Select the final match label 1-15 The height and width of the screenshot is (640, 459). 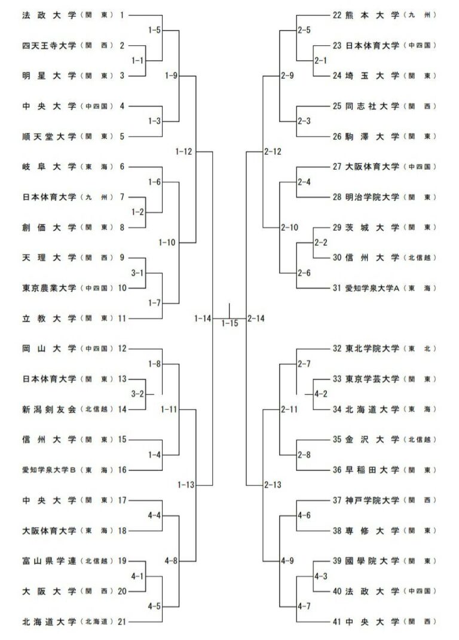click(229, 323)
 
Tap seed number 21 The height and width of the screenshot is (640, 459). click(122, 622)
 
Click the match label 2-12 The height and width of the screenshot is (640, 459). click(272, 152)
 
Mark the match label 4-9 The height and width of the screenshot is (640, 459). click(288, 561)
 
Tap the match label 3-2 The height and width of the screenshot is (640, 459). click(138, 394)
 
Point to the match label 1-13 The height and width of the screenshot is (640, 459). click(186, 485)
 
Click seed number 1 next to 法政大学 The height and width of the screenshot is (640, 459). click(122, 15)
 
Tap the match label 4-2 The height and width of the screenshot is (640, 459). click(321, 394)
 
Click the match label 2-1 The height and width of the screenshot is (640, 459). click(321, 60)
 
